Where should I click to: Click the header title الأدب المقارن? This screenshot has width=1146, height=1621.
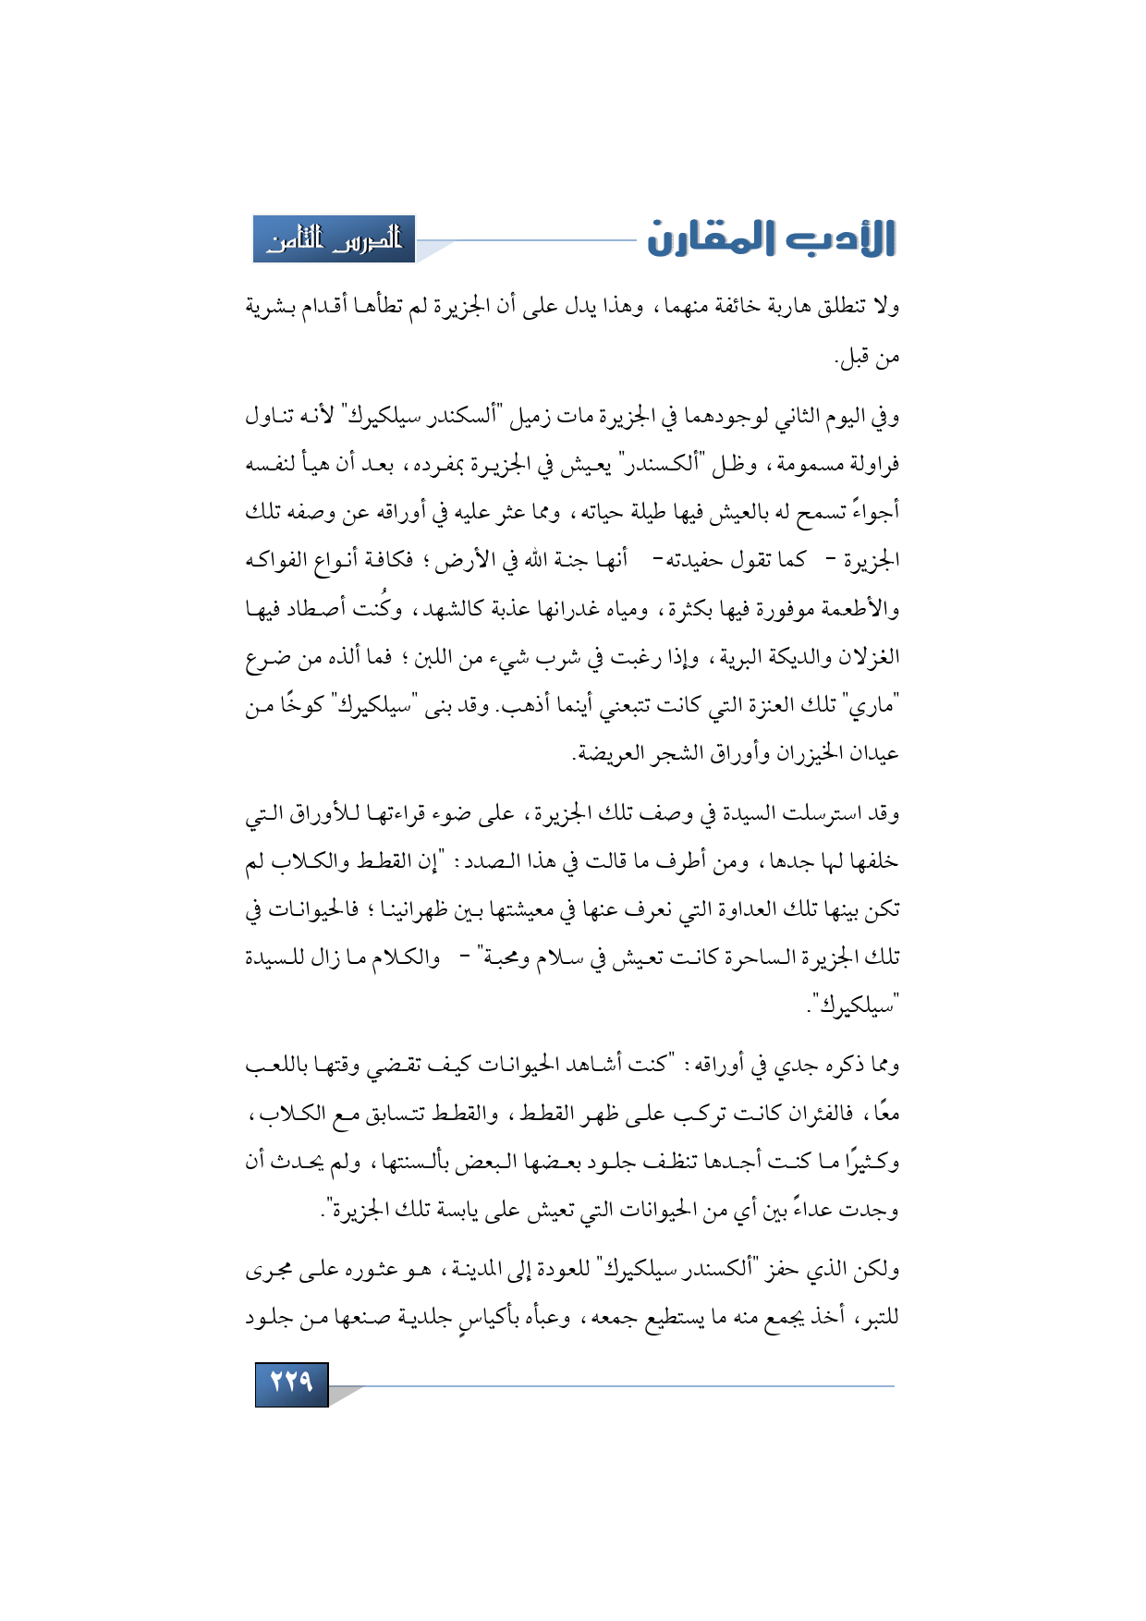point(772,238)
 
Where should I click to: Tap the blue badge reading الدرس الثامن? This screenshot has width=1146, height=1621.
point(335,239)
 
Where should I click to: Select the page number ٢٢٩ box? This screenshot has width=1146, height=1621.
point(291,1383)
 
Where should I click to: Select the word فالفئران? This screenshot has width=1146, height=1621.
point(818,1114)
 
